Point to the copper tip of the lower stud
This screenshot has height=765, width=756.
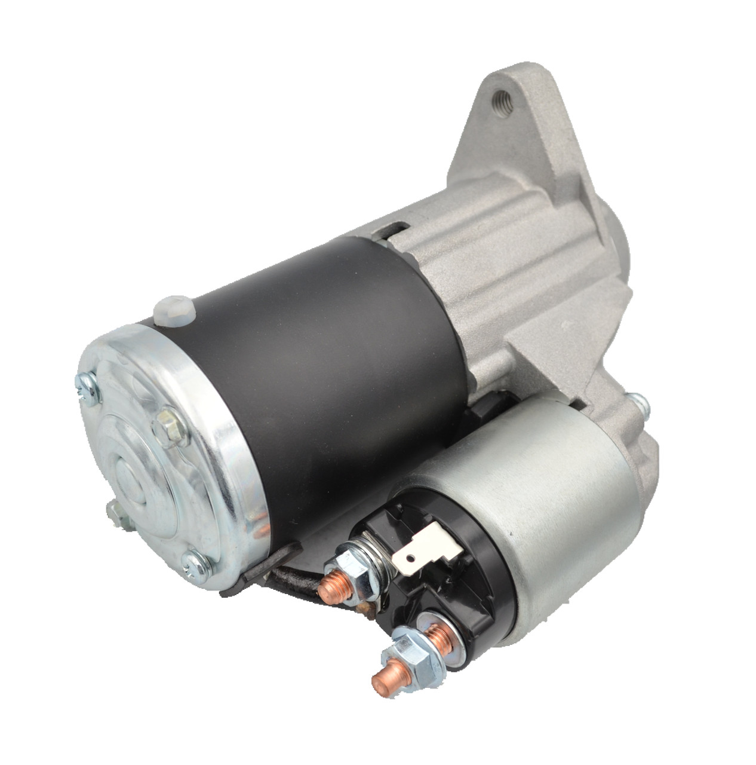[383, 680]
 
